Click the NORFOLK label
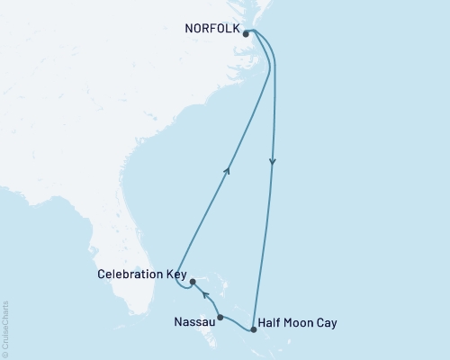[x=212, y=28]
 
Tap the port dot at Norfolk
[x=246, y=34]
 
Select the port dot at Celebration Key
[x=193, y=282]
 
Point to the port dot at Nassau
[x=220, y=317]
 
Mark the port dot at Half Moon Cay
[x=254, y=330]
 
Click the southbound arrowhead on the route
[x=273, y=163]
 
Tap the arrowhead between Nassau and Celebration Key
[x=204, y=294]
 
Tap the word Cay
[x=328, y=321]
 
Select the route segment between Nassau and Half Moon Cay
[x=237, y=325]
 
